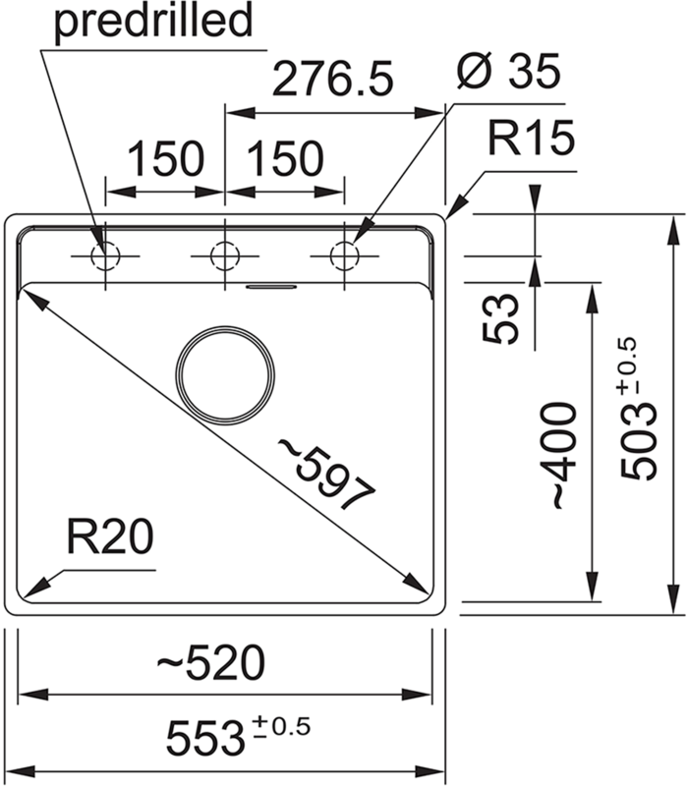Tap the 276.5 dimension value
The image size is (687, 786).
tap(331, 80)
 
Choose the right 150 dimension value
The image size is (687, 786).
tap(284, 158)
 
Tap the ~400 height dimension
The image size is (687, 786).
tap(558, 454)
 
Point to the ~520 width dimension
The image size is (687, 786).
tap(211, 665)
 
